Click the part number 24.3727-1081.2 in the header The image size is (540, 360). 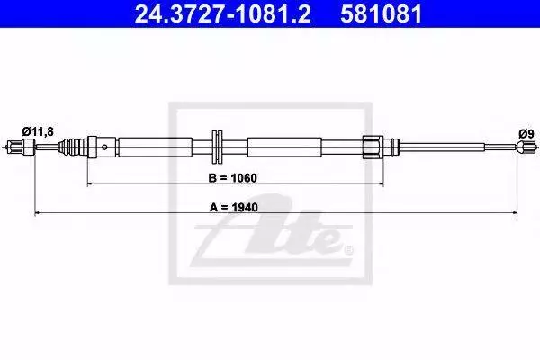pos(223,14)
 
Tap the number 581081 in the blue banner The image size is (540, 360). pos(382,14)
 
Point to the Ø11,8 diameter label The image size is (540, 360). pos(38,131)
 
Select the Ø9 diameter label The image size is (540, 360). pos(526,134)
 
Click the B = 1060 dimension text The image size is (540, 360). pos(233,178)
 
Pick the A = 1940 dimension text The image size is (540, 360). pos(233,207)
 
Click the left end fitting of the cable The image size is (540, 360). pos(22,147)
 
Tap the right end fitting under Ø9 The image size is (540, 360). pos(526,148)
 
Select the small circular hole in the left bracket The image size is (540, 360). pos(104,148)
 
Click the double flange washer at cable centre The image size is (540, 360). pos(217,147)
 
